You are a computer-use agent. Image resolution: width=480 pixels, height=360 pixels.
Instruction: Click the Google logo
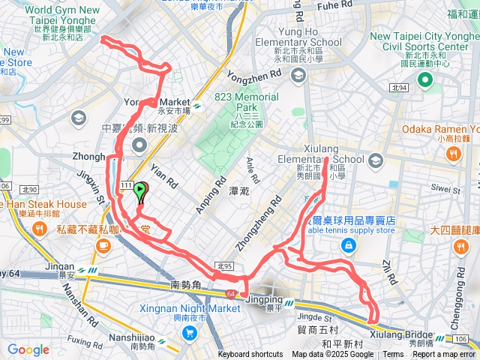pos(28,349)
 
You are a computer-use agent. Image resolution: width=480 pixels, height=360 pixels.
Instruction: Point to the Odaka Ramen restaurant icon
pos(452,154)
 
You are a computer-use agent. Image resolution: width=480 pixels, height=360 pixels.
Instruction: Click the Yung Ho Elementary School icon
pos(298,75)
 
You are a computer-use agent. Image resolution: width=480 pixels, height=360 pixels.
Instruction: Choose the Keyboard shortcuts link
pos(250,355)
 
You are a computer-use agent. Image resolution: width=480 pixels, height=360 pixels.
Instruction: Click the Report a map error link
pos(446,355)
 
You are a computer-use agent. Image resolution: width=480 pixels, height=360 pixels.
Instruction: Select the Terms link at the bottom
pos(393,355)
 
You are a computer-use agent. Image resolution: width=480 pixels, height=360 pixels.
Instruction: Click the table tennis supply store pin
pos(347,246)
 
